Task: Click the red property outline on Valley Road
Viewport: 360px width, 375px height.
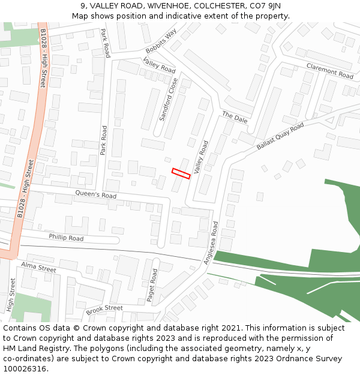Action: click(x=181, y=173)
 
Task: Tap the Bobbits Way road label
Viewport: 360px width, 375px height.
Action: click(x=161, y=41)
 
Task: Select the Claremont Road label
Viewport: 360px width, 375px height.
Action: click(x=329, y=71)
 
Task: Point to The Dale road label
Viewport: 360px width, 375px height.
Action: click(x=235, y=116)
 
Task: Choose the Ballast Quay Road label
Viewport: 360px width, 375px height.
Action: click(x=280, y=136)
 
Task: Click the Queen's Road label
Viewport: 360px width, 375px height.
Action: click(x=95, y=195)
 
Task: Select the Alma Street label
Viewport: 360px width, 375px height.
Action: click(x=38, y=267)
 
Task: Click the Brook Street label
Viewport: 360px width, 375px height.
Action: click(x=104, y=309)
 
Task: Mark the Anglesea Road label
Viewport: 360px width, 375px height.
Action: click(x=211, y=242)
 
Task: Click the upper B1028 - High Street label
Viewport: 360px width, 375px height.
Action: click(x=43, y=58)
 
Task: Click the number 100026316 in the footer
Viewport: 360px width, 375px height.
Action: click(x=25, y=368)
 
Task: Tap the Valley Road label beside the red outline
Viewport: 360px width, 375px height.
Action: click(x=200, y=157)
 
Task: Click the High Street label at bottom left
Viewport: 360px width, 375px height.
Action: click(x=11, y=295)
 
